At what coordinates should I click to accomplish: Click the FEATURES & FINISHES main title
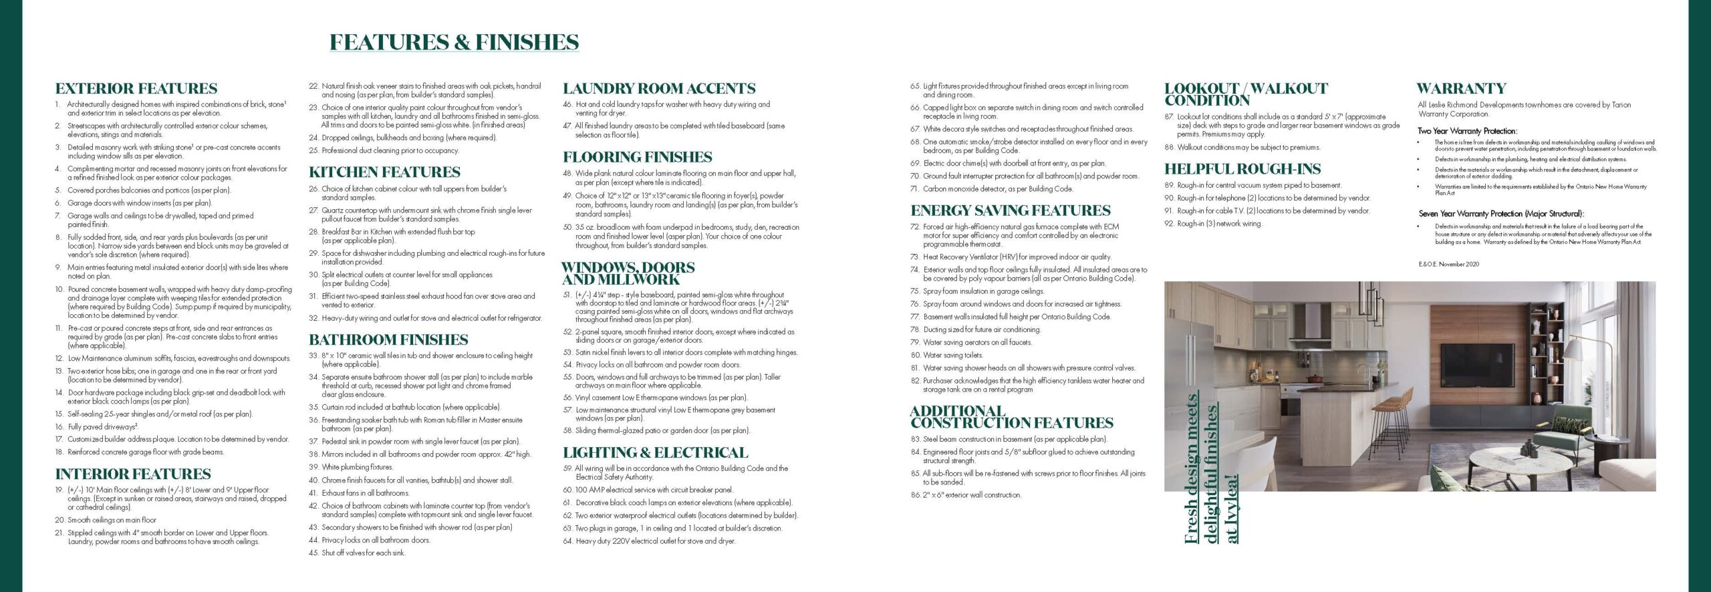click(x=454, y=42)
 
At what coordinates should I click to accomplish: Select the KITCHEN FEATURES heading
click(x=384, y=172)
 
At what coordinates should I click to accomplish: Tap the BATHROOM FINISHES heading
click(x=388, y=339)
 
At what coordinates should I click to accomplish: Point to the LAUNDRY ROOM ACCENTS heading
click(x=659, y=89)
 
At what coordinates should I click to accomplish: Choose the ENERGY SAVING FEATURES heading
click(x=1010, y=210)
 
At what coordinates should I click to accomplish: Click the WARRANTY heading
click(x=1461, y=89)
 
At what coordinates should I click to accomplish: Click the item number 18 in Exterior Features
click(x=59, y=452)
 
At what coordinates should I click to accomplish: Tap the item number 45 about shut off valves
click(x=313, y=553)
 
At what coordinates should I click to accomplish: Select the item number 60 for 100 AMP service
click(x=567, y=490)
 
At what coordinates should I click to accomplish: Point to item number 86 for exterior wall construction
click(x=915, y=495)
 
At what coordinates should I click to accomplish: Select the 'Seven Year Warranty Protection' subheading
click(x=1501, y=214)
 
